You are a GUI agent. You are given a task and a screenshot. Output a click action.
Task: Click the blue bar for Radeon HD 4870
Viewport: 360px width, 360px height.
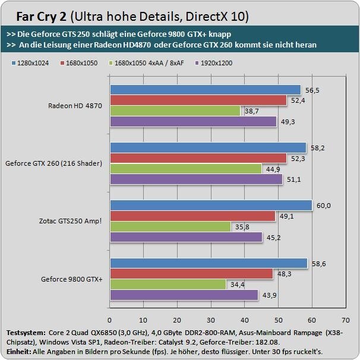coord(205,90)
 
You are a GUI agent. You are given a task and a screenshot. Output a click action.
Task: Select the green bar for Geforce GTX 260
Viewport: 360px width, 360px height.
coord(186,169)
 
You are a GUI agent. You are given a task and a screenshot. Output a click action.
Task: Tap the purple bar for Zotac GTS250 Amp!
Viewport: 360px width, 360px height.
coord(187,237)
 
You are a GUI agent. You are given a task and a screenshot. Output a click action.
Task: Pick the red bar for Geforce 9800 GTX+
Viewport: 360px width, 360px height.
coord(191,274)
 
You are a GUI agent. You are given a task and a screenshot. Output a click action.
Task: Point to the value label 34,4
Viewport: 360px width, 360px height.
coord(237,285)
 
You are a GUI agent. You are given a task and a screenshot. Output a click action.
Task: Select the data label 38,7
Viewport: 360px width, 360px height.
coord(251,111)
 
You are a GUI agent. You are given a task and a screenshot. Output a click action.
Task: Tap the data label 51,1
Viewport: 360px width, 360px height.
coord(293,179)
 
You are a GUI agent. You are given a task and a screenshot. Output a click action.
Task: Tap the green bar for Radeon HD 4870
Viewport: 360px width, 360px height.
coord(175,111)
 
